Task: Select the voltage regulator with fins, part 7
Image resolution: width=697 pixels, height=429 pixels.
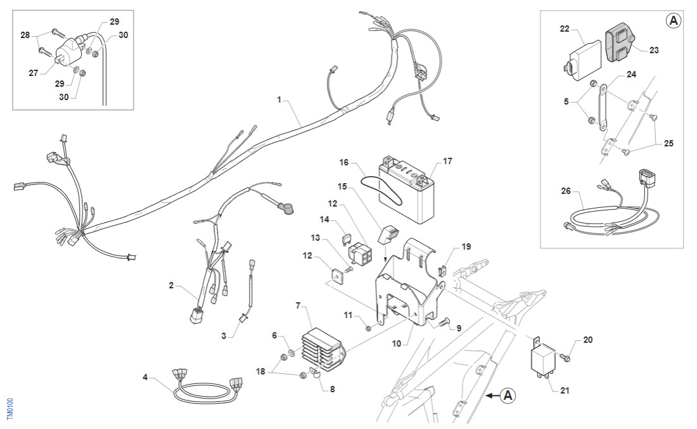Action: click(324, 351)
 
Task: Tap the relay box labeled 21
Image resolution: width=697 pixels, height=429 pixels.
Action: click(543, 361)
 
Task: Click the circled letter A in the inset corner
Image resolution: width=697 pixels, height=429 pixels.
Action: click(674, 21)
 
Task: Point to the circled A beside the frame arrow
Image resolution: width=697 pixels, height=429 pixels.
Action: click(508, 396)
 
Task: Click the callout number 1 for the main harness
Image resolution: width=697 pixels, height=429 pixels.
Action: click(278, 100)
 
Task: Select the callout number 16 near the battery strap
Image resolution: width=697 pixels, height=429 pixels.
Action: click(344, 163)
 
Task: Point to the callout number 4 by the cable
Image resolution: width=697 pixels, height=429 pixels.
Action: click(145, 378)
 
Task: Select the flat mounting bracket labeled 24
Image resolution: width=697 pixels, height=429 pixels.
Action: click(601, 107)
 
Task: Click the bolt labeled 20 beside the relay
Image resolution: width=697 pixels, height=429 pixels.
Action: click(566, 358)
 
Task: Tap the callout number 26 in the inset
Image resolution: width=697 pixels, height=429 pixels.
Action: click(565, 190)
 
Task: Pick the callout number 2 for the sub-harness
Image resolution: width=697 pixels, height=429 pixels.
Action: click(171, 286)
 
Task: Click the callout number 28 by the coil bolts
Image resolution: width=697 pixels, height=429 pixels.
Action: click(25, 35)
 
